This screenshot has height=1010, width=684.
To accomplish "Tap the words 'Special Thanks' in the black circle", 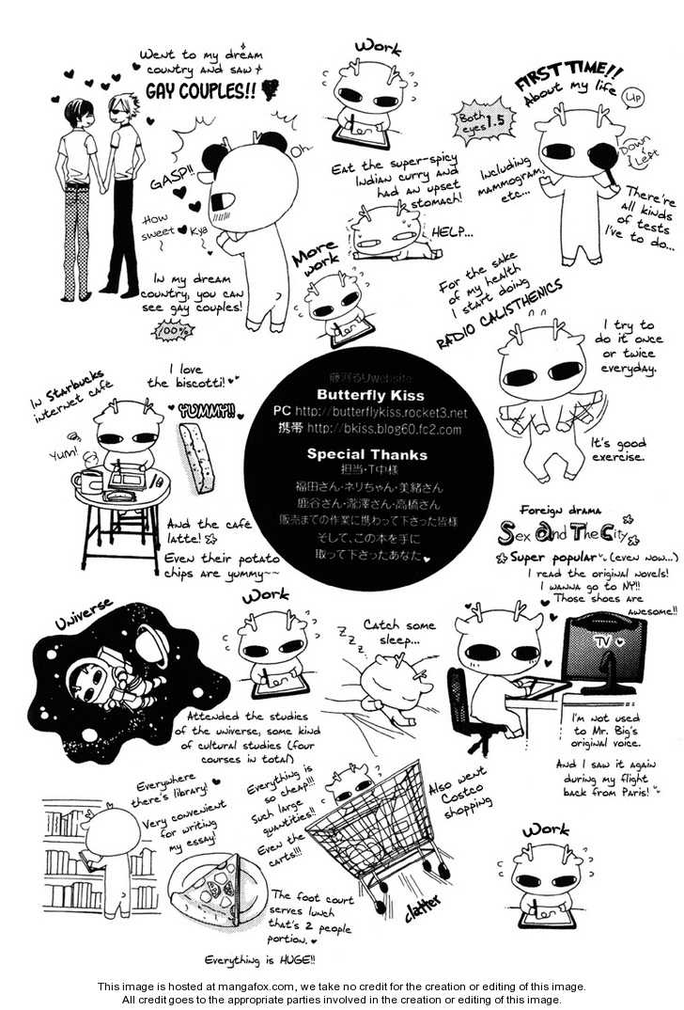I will pos(366,454).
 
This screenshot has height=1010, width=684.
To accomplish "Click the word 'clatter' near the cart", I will pos(427,911).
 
